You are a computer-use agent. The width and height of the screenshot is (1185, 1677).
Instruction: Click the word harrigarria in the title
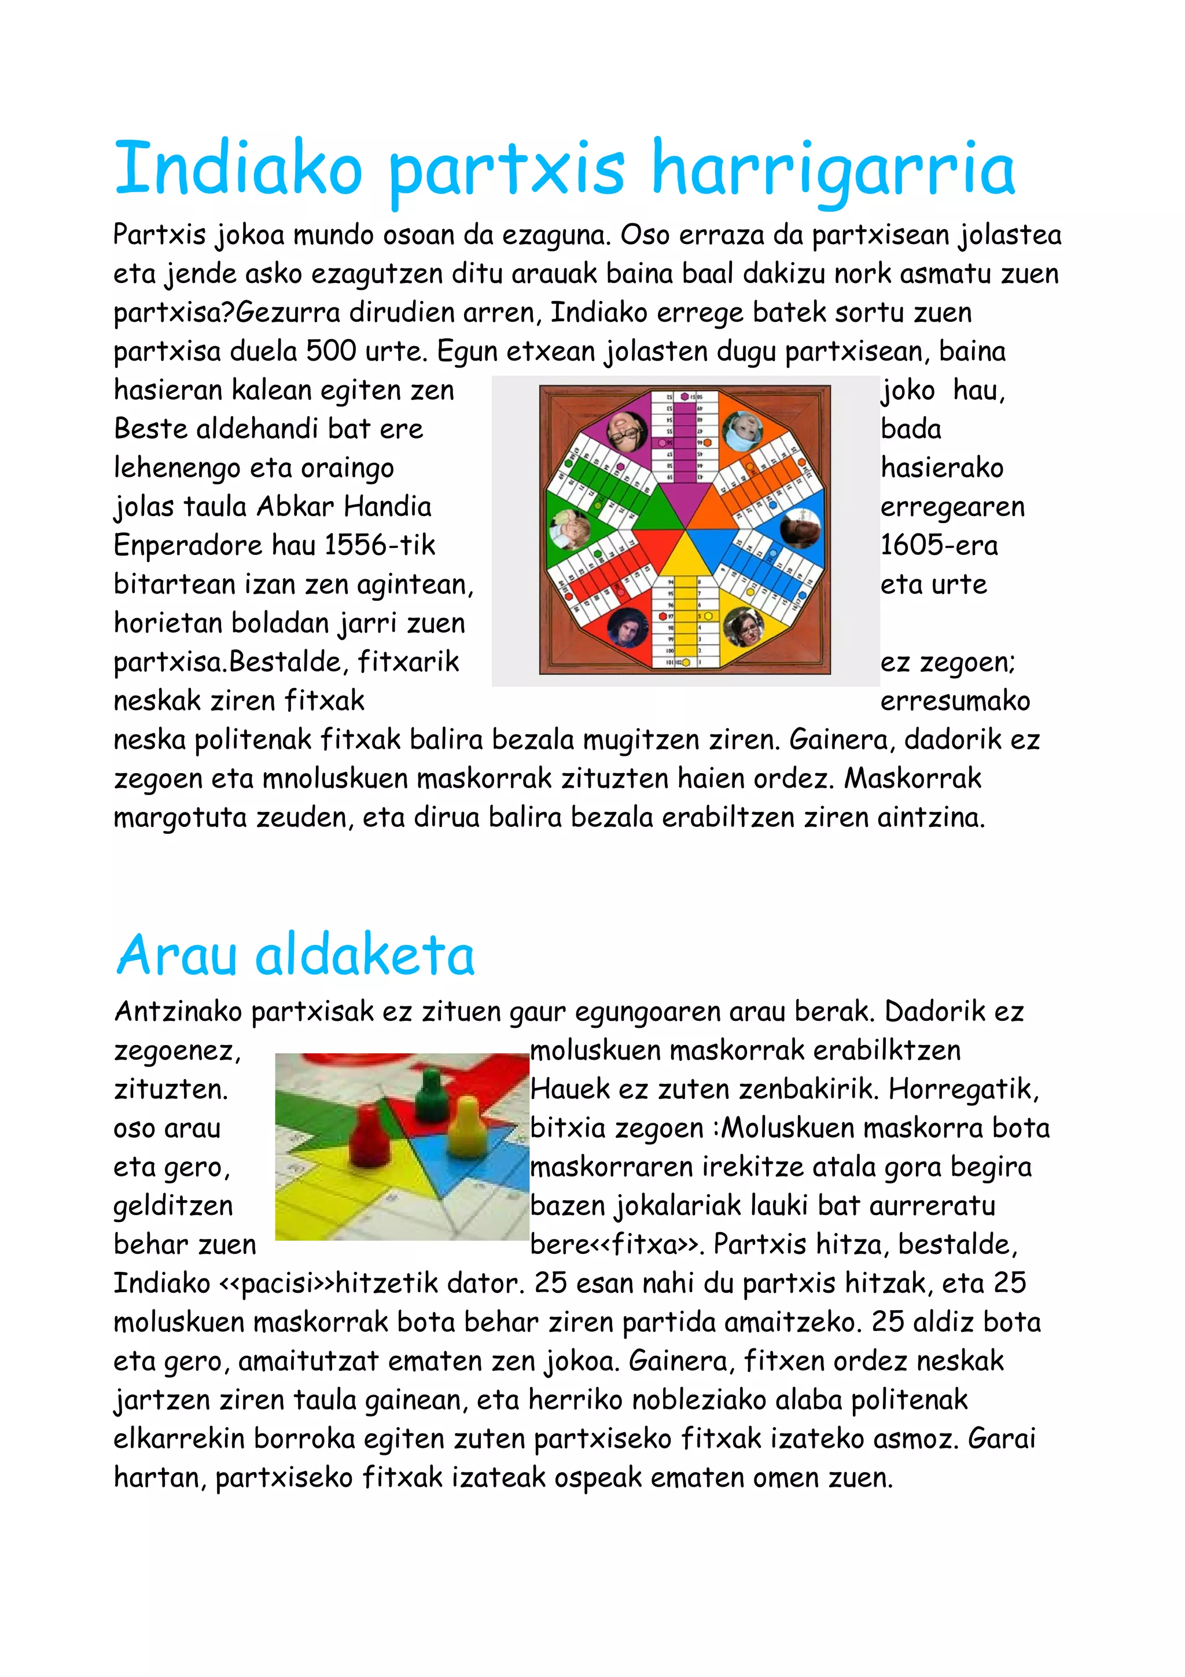click(833, 170)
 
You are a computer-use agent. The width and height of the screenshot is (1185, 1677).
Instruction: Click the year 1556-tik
click(380, 545)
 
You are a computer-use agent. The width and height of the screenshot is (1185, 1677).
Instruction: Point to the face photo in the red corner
click(627, 627)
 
